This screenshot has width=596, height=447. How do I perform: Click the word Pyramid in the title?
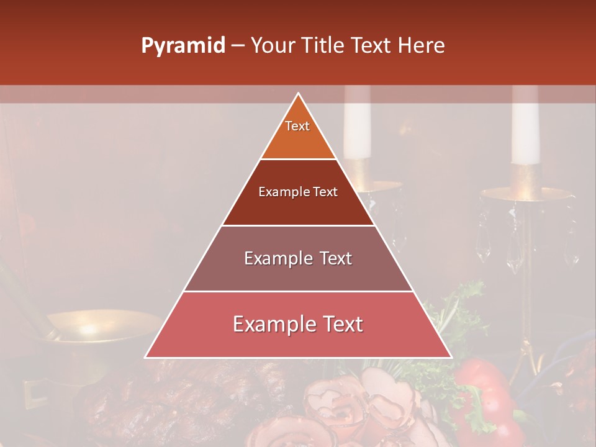click(x=183, y=46)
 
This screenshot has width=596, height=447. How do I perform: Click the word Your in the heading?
click(x=272, y=46)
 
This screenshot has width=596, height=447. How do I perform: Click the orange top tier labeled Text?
click(x=298, y=133)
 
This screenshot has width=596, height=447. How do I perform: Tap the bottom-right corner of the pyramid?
click(x=450, y=357)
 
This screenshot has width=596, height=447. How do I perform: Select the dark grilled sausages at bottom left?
click(x=168, y=397)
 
